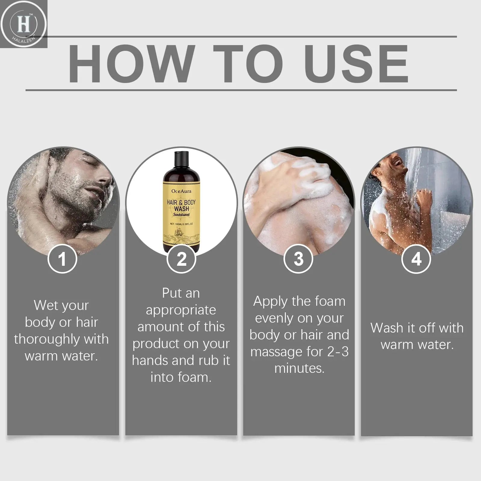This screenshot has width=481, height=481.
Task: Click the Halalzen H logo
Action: click(x=23, y=24)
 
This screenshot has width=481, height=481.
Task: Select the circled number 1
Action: click(x=62, y=259)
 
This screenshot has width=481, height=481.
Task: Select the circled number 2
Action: click(x=181, y=259)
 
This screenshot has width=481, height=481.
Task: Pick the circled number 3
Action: click(x=299, y=259)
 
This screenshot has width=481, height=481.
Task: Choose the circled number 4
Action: click(x=416, y=259)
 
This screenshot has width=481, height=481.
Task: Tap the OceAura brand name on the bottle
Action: click(x=181, y=191)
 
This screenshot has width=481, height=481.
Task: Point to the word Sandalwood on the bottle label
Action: click(x=181, y=215)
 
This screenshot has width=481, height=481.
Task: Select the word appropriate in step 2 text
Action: click(x=181, y=310)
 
